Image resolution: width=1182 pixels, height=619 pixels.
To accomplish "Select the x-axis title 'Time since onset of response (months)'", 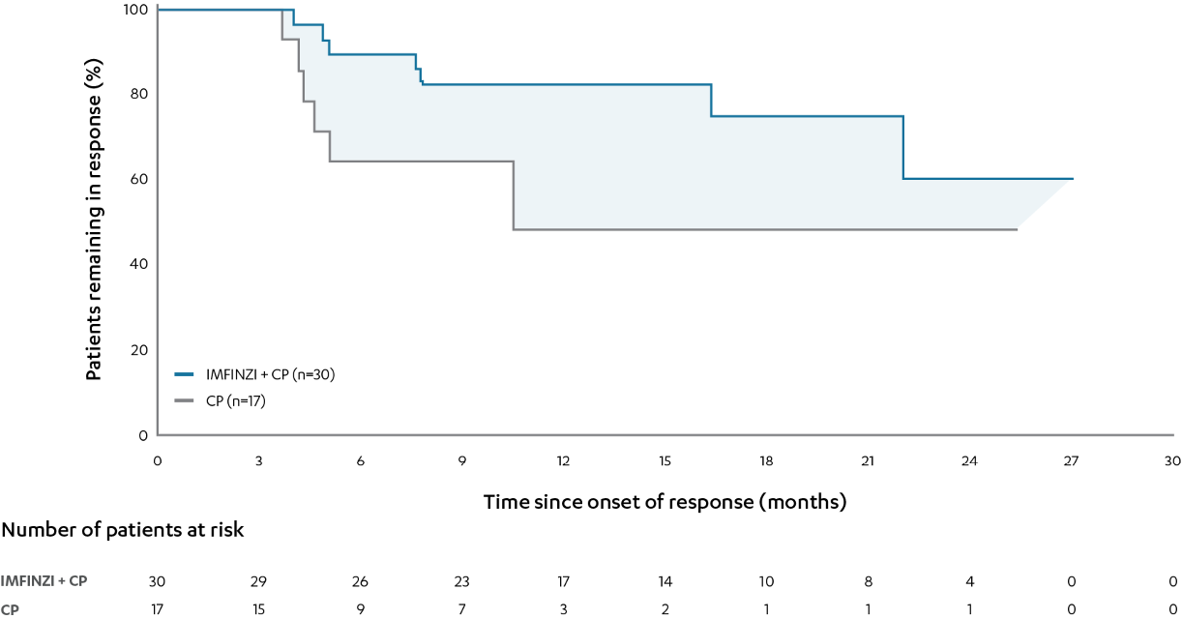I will [x=665, y=502].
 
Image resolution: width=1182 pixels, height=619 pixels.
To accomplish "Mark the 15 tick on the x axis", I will [x=665, y=460].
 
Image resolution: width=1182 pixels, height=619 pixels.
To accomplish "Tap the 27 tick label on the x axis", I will [x=1071, y=460].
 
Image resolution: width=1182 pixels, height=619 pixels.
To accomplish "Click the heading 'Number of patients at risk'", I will [x=122, y=530].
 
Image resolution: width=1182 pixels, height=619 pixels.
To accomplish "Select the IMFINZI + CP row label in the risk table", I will [x=44, y=581].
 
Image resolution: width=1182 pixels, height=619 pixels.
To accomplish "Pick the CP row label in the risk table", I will [x=10, y=609].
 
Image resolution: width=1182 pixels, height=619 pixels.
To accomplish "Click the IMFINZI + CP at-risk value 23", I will [x=461, y=581].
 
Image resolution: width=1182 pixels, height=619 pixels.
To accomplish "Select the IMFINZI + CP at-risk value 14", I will [x=665, y=581].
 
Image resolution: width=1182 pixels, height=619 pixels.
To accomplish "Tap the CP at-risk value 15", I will [x=258, y=609].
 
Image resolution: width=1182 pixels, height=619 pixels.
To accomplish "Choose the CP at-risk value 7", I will [x=461, y=609].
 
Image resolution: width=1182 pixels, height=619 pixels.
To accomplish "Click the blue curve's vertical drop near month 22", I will [x=903, y=147].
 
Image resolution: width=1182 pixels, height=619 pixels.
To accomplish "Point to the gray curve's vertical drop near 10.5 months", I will [x=513, y=195].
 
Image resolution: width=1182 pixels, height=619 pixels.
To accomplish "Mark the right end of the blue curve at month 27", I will [x=1072, y=179].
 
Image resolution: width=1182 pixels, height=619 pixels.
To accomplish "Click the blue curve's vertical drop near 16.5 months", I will [x=712, y=101].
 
